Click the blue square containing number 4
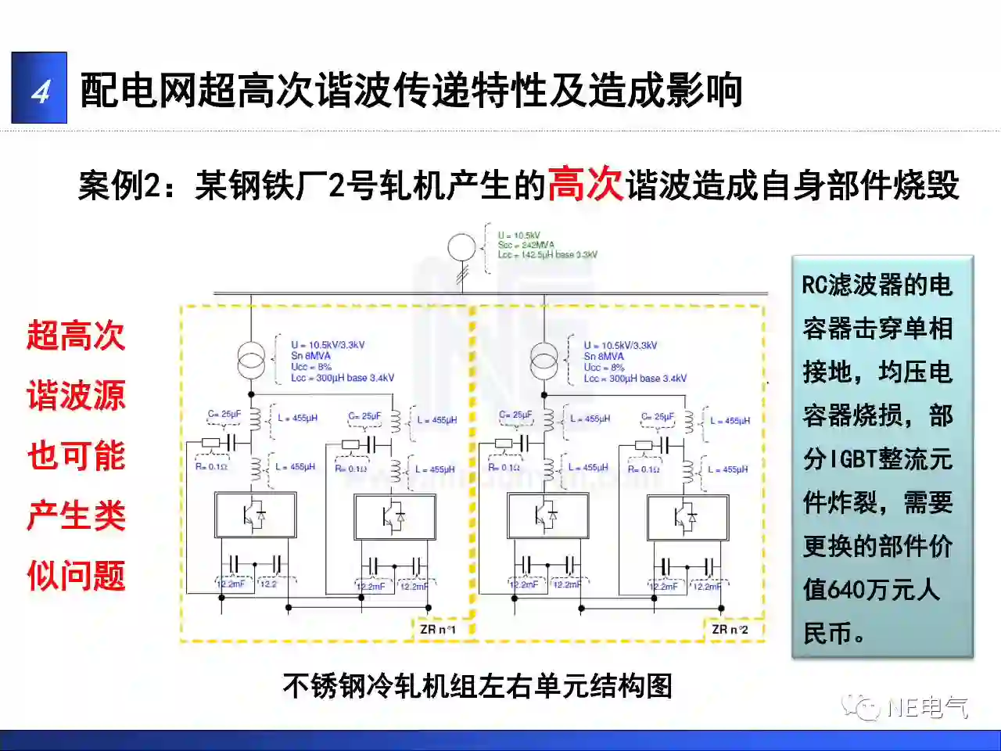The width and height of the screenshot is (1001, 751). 39,88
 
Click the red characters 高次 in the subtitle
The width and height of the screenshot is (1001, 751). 585,185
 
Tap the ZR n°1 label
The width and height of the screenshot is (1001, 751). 437,629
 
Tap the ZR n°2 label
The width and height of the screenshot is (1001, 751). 730,629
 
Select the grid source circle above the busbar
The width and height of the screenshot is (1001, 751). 461,248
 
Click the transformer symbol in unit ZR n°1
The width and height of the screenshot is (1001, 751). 251,361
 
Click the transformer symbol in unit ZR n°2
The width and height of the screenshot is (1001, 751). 544,361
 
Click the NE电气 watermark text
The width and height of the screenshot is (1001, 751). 927,708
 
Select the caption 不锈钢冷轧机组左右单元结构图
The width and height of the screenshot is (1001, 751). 477,685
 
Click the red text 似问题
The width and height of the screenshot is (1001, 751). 76,576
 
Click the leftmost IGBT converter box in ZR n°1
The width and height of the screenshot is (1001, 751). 255,515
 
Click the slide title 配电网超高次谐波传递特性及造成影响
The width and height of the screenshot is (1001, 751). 411,90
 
